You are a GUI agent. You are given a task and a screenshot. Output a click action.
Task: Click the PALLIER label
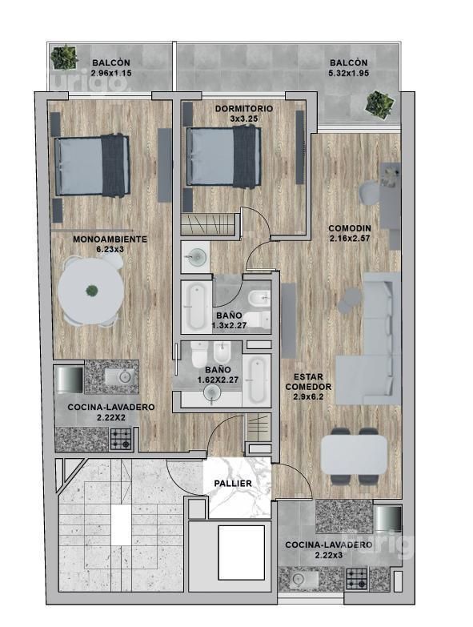click(x=233, y=484)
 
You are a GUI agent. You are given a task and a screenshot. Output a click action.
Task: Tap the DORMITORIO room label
click(x=243, y=109)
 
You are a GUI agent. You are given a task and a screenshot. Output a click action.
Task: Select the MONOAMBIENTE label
click(x=110, y=239)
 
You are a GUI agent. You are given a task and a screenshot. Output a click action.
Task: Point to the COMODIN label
click(x=350, y=228)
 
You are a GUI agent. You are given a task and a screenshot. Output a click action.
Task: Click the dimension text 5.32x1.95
click(x=348, y=73)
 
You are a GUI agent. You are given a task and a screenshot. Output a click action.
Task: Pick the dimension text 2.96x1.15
click(x=111, y=73)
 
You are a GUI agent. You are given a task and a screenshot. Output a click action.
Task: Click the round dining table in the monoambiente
click(x=91, y=291)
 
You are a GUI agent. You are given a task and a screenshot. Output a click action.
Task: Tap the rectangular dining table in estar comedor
click(x=354, y=455)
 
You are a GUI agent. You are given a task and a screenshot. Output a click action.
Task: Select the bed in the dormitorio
click(x=224, y=156)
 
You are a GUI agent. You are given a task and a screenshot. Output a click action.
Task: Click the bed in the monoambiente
click(x=92, y=166)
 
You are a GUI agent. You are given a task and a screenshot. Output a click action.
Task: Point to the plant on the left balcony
click(x=64, y=57)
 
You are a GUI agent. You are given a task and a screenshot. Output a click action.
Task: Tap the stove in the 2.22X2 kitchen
click(x=120, y=439)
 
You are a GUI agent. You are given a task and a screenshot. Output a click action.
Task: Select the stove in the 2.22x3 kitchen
click(x=356, y=579)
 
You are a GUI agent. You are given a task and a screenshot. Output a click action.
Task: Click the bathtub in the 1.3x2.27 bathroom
click(x=197, y=307)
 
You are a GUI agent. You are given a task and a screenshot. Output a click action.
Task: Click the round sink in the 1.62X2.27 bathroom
click(x=212, y=393)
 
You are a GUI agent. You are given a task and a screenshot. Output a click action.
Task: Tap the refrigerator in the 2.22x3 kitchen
click(x=387, y=519)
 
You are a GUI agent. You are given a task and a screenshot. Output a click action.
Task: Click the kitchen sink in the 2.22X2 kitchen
click(x=122, y=376)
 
